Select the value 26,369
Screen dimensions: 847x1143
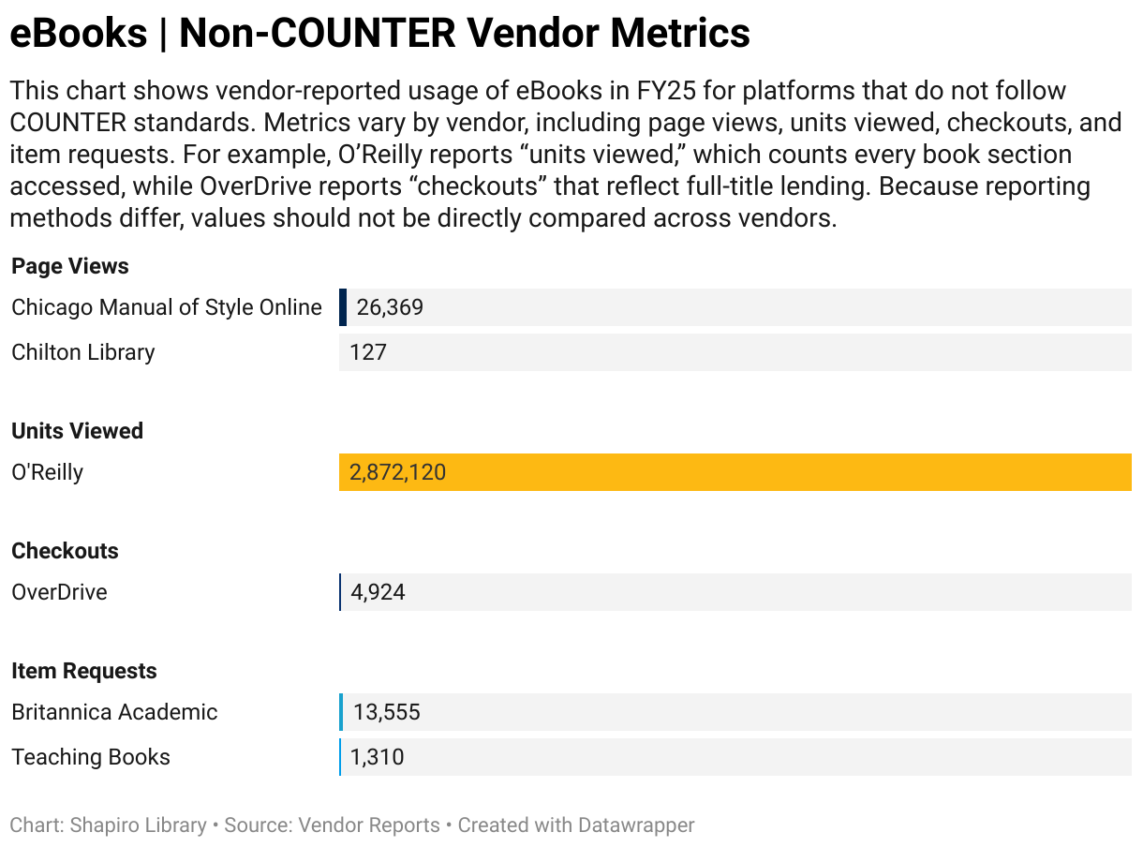pos(390,307)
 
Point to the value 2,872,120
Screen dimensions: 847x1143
pos(397,472)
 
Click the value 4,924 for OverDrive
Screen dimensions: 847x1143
pos(378,592)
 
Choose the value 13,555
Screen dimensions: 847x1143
pos(386,712)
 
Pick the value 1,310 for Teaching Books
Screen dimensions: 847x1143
pos(377,757)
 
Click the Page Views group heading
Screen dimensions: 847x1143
pos(70,266)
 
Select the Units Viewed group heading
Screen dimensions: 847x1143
pos(77,431)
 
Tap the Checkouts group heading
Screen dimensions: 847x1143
pos(65,551)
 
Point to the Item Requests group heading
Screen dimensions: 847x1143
pos(83,671)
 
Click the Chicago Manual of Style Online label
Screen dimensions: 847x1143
pos(166,307)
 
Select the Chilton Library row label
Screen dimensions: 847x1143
pos(82,352)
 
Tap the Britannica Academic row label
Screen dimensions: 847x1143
pos(114,712)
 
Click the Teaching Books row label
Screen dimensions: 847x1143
pos(91,757)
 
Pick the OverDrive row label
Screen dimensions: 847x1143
pos(59,592)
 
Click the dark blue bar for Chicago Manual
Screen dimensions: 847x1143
pos(343,307)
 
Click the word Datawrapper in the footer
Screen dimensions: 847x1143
pos(636,825)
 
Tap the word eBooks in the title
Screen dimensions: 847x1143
pos(79,34)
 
